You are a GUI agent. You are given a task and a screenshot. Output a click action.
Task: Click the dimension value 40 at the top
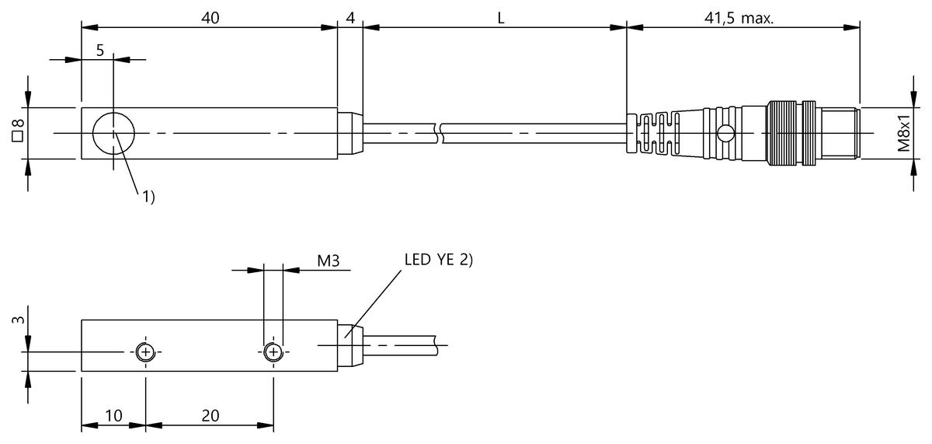pos(210,18)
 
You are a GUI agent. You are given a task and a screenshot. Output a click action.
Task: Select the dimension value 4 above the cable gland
pos(350,18)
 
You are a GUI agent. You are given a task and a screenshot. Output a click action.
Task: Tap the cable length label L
pos(501,18)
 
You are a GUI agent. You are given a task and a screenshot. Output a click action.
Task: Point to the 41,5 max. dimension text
pos(739,18)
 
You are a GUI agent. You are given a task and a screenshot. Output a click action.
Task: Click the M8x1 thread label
pos(904,132)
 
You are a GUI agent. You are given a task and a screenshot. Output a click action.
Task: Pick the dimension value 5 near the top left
pos(100,51)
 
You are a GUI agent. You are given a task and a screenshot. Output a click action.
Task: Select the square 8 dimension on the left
pos(18,131)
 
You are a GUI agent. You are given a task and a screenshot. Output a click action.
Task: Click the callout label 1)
pos(148,197)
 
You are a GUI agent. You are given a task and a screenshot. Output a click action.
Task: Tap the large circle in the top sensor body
pos(113,113)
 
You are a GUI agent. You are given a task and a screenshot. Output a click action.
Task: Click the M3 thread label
pos(329,260)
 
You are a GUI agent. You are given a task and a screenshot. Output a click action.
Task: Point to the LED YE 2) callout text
pos(439,260)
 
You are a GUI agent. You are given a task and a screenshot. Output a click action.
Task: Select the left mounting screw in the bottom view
pos(146,352)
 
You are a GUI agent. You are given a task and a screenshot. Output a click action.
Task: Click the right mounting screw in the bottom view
pos(273,352)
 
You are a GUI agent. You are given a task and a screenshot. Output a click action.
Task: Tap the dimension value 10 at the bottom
pos(113,415)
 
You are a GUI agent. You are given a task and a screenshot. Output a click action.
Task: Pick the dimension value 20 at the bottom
pos(210,415)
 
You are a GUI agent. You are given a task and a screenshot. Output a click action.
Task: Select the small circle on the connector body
pos(726,134)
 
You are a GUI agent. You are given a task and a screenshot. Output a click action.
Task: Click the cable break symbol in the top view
pos(439,133)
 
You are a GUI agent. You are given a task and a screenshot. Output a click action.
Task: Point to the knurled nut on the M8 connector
pos(782,133)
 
